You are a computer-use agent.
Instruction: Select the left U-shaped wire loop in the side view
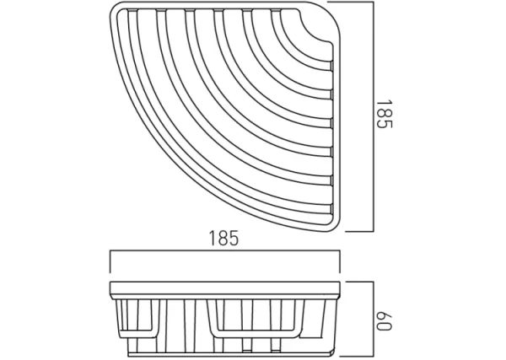tap(167, 317)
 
